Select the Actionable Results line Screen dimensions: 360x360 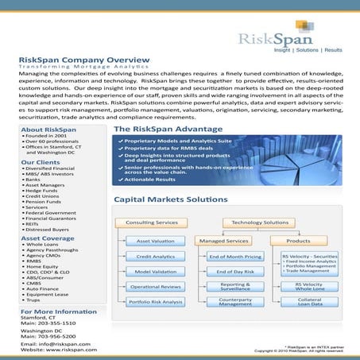pyautogui.click(x=154, y=179)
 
